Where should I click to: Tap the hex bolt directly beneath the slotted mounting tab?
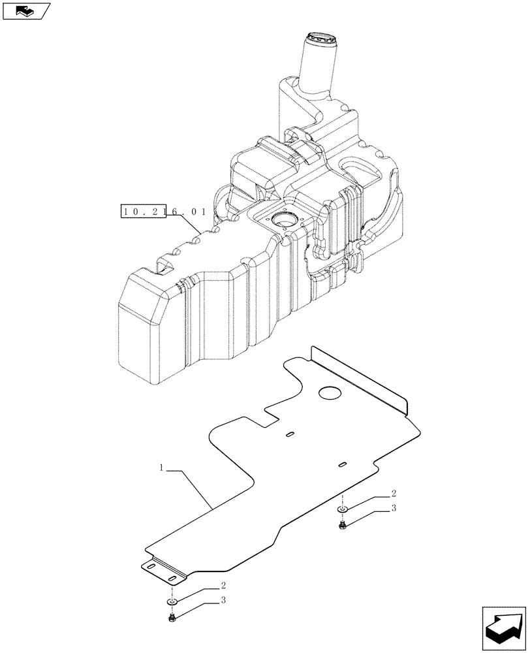[171, 617]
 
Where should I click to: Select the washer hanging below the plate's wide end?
[343, 509]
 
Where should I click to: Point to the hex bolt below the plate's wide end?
[342, 524]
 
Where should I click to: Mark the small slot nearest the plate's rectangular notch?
[290, 433]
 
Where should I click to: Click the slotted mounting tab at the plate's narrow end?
[164, 571]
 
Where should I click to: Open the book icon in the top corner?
[26, 10]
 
